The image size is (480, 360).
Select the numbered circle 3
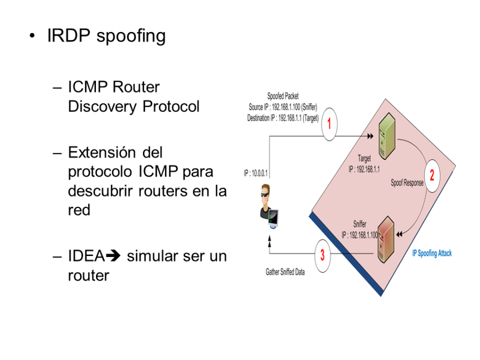(322, 255)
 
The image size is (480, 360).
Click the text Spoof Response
(407, 182)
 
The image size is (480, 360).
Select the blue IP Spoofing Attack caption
(431, 253)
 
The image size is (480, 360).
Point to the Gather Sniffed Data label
(285, 272)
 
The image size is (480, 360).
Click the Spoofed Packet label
(283, 97)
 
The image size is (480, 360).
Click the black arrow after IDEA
(113, 255)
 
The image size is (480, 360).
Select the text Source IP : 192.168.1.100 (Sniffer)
(283, 107)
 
